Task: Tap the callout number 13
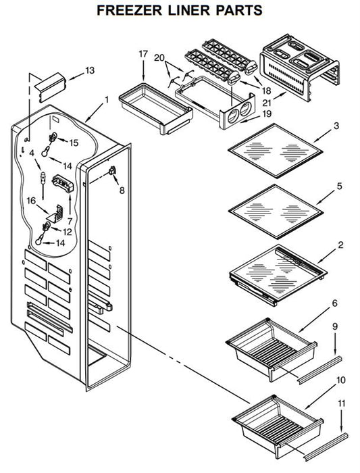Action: [x=90, y=70]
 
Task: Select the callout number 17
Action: [x=143, y=54]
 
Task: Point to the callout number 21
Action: [x=267, y=103]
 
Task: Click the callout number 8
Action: [x=122, y=191]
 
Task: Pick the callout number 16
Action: [x=31, y=201]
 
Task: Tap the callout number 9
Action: [x=335, y=326]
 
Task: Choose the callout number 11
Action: [x=341, y=403]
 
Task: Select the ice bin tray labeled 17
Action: [x=155, y=108]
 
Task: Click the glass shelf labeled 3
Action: [x=276, y=151]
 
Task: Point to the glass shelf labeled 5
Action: [x=276, y=211]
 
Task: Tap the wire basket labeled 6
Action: [x=272, y=349]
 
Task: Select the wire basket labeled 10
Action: [x=278, y=427]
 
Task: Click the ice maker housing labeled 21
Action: [x=300, y=68]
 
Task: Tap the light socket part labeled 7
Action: [x=63, y=183]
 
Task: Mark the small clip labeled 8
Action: [x=112, y=171]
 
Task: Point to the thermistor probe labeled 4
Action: [x=43, y=186]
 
